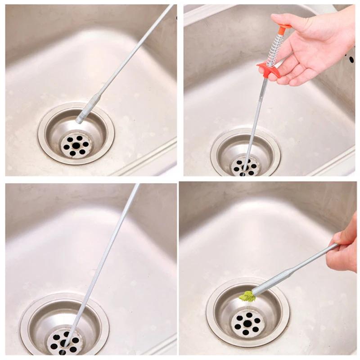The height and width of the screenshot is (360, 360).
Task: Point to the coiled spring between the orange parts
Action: coord(275,49)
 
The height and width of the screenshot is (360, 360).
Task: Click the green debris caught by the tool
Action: coord(247,296)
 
